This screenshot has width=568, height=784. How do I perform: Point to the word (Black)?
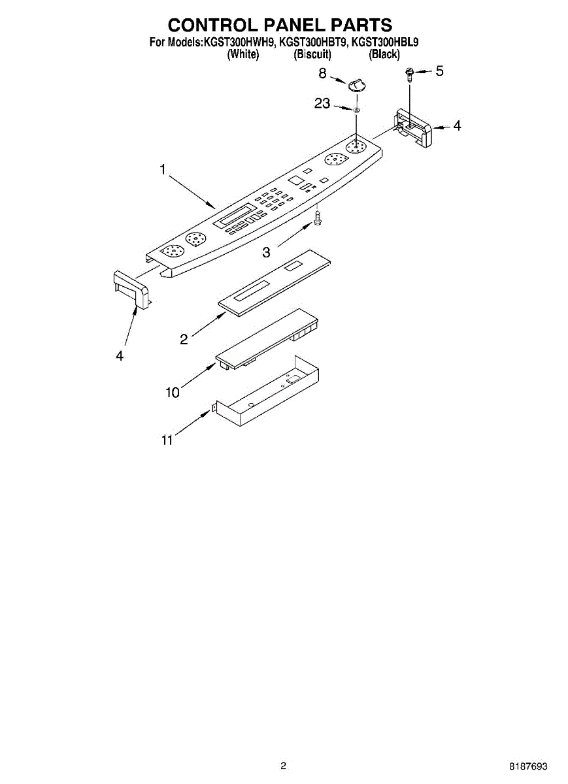point(384,55)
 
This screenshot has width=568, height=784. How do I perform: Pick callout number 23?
point(322,103)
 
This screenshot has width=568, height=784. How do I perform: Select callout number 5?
point(439,71)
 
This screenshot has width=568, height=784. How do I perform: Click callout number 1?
point(163,170)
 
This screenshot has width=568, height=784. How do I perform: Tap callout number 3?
point(267,252)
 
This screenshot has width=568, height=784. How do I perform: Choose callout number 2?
point(184,338)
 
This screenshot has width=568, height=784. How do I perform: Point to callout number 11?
point(167,440)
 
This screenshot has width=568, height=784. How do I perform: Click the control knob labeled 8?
point(357,84)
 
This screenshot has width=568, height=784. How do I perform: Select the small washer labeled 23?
point(357,110)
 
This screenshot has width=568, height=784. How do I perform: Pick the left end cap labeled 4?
point(131,288)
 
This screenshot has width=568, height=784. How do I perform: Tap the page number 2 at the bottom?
point(283,766)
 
